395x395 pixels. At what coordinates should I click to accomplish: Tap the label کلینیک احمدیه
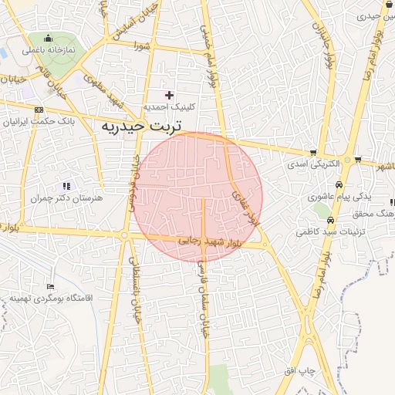(x=169, y=106)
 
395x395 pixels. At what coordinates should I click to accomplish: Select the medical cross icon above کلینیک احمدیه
(x=170, y=94)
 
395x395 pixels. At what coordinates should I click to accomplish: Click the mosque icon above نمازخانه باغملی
(x=49, y=39)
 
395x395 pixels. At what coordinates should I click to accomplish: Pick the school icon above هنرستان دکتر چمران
(x=66, y=186)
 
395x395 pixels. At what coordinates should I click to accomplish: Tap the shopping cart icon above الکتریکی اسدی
(x=312, y=153)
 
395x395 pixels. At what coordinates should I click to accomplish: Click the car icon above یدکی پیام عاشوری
(x=316, y=197)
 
